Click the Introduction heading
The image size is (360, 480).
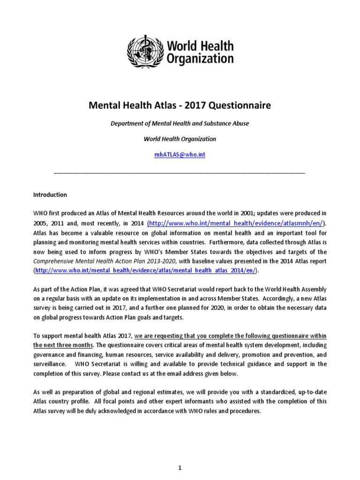click(x=50, y=195)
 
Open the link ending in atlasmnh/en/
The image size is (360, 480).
click(x=236, y=223)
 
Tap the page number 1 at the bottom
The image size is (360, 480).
click(x=180, y=454)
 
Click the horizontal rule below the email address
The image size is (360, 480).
click(x=180, y=173)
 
